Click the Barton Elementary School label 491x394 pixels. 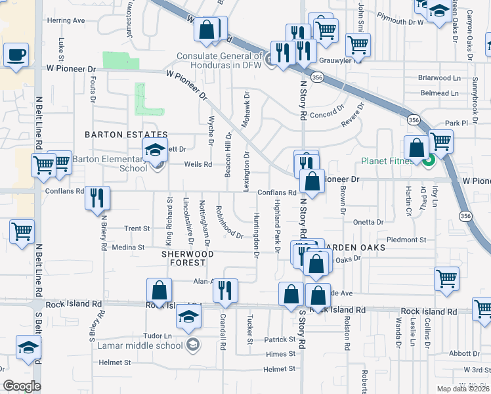pyautogui.click(x=109, y=163)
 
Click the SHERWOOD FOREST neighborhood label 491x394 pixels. pyautogui.click(x=184, y=257)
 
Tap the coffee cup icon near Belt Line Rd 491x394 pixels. pyautogui.click(x=16, y=55)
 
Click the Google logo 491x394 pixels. pyautogui.click(x=22, y=386)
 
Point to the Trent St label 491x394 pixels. pyautogui.click(x=137, y=229)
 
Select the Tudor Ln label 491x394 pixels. pyautogui.click(x=158, y=336)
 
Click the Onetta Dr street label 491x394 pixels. pyautogui.click(x=368, y=223)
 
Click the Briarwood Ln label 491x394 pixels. pyautogui.click(x=438, y=77)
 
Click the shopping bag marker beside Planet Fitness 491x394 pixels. pyautogui.click(x=416, y=147)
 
